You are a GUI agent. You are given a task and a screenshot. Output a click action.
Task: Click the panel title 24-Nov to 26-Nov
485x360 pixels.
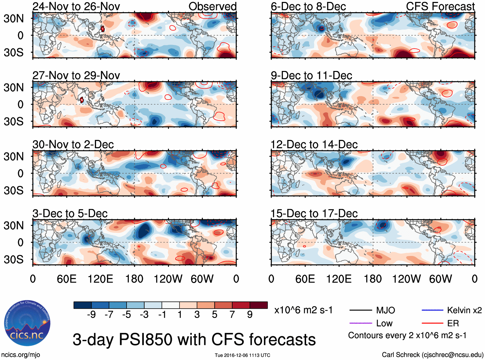pos(76,6)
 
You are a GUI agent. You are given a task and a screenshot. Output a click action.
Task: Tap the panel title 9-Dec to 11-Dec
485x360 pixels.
pos(311,75)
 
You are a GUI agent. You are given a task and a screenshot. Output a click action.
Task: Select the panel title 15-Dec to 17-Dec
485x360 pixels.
pos(314,214)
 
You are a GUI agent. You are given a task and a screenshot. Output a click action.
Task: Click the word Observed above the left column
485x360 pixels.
pos(212,6)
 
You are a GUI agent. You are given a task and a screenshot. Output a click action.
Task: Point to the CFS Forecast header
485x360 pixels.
pos(440,6)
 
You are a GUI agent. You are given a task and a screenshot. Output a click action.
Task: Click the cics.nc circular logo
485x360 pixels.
pos(27,323)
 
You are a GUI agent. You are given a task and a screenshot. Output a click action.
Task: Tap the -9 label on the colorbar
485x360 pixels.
pos(91,314)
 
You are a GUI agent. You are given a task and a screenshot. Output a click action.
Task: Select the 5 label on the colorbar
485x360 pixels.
pos(215,314)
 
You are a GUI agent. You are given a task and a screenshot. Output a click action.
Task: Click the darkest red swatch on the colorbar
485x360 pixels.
pos(259,305)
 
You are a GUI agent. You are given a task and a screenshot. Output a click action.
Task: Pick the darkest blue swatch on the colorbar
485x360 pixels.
pos(82,305)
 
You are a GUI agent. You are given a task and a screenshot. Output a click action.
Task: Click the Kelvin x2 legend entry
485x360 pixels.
pos(464,310)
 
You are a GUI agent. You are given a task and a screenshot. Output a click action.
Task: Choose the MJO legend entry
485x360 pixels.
pos(385,310)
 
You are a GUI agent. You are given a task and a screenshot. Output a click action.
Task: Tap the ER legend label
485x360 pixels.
pos(453,323)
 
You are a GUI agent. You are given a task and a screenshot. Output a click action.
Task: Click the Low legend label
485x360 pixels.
pos(384,323)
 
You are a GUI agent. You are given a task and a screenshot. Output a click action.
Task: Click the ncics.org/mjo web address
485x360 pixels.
pos(21,355)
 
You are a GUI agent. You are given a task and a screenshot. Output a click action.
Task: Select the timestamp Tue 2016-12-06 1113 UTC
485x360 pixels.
pos(242,355)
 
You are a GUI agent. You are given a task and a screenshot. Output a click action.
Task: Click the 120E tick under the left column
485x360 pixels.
pos(100,279)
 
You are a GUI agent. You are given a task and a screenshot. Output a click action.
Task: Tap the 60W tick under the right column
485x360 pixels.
pos(440,279)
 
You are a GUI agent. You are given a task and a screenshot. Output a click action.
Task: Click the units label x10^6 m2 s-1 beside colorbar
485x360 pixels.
pos(303,310)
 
